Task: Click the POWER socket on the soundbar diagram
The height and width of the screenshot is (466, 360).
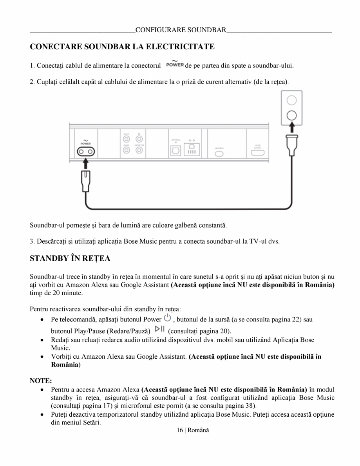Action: [x=85, y=152]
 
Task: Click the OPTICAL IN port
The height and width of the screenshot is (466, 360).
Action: [x=176, y=151]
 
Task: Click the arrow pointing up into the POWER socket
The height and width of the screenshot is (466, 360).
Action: [x=85, y=164]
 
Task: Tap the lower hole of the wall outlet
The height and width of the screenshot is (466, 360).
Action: [x=291, y=115]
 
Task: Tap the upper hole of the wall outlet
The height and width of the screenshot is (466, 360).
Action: [x=291, y=100]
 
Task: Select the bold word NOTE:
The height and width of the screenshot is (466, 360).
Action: [x=41, y=380]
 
